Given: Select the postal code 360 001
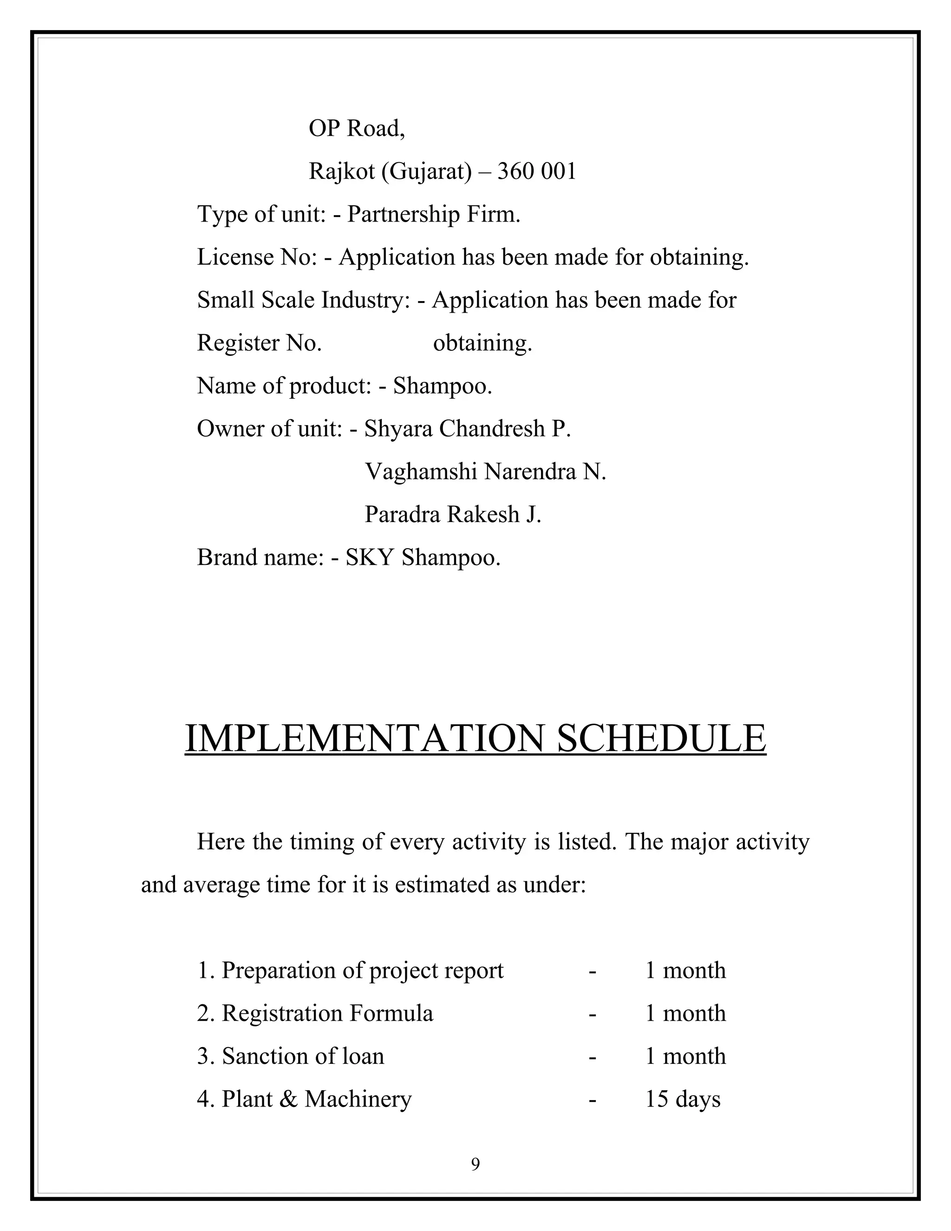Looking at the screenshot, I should coord(537,171).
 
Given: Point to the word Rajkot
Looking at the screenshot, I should coord(341,171).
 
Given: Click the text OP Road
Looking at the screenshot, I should coord(356,129).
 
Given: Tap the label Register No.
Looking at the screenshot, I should coord(259,343).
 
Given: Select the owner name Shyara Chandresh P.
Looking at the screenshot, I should coord(468,429).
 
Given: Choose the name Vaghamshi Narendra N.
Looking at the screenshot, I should coord(485,472).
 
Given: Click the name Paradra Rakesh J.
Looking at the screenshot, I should coord(453,515).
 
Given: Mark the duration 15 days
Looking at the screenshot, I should coord(682,1100).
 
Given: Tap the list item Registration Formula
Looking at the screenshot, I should coord(327,1014).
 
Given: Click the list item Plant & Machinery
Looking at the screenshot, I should coord(316,1100).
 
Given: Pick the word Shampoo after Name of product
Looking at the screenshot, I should coord(442,386).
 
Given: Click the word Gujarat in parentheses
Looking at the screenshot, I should coord(426,172).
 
